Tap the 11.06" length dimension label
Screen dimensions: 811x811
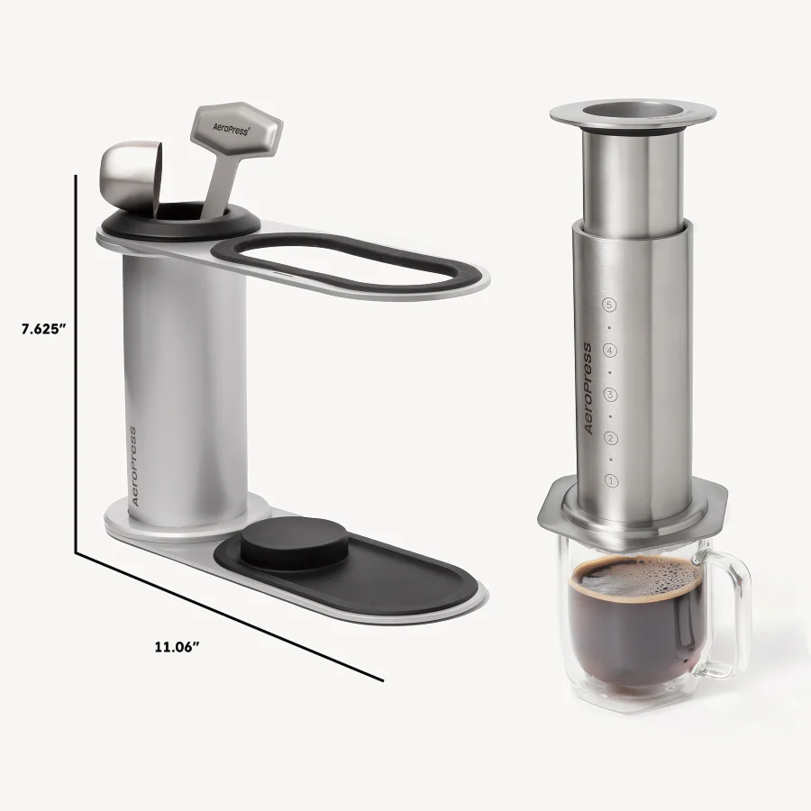[x=176, y=645]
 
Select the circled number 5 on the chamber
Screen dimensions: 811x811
[x=611, y=305]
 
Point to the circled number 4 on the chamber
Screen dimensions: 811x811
[x=611, y=350]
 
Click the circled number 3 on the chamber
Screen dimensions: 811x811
[x=611, y=394]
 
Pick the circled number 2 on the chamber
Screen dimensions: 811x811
[x=611, y=438]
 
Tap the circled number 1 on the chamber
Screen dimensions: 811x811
[x=611, y=481]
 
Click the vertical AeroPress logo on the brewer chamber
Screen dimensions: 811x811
[x=588, y=388]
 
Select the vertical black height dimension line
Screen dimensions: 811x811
[x=76, y=360]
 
